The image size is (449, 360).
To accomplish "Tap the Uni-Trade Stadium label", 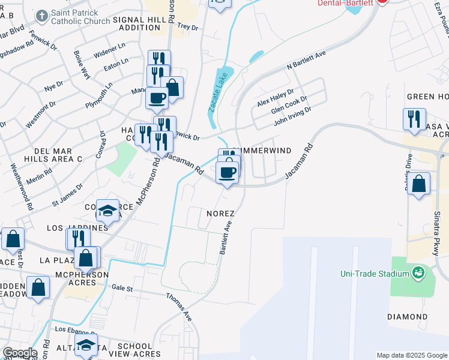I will click(x=373, y=274).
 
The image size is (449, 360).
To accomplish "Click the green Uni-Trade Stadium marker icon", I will click(x=418, y=274).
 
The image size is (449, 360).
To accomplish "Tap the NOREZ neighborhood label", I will click(x=220, y=213).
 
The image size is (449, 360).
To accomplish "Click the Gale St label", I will click(x=122, y=288).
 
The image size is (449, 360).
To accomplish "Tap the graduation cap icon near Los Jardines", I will click(x=108, y=210).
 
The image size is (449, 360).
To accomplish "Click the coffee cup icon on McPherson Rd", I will click(x=157, y=97).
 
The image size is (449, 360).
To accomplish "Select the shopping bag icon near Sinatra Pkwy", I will click(x=420, y=182).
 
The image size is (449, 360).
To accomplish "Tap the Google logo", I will click(x=19, y=353).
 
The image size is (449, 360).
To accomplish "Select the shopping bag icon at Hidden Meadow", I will click(x=38, y=287).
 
